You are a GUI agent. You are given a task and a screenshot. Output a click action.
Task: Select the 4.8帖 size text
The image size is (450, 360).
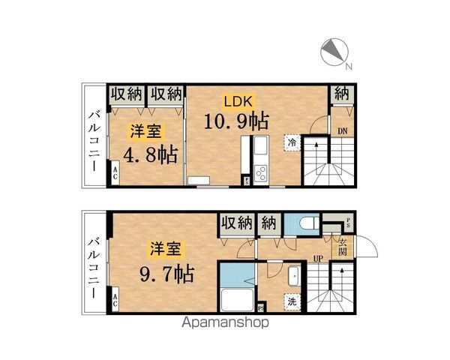[150, 155]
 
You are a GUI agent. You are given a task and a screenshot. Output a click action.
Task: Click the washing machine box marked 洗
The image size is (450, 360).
[290, 301]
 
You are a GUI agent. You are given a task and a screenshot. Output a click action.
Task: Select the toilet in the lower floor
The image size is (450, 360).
[305, 224]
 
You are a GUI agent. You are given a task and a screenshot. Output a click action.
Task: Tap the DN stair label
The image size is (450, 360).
[342, 131]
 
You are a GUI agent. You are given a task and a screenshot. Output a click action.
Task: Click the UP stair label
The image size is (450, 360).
[318, 259]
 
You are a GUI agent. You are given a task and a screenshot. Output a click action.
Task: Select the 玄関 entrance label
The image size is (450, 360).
[342, 247]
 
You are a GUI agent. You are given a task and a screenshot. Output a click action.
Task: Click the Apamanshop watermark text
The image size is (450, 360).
[224, 325]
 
